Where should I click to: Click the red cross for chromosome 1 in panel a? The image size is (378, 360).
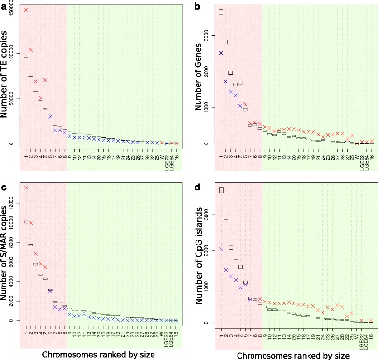pos(26,10)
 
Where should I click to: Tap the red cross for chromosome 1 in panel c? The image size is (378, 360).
pos(26,187)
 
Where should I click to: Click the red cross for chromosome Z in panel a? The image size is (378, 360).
pos(45,80)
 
